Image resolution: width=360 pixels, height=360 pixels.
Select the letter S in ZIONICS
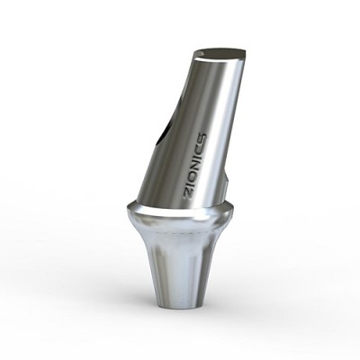point(203,137)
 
